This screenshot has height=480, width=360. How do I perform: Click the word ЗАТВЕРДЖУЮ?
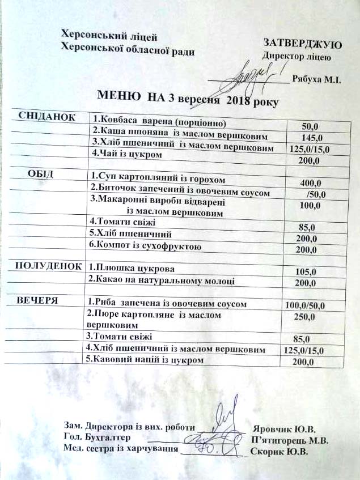pos(301,44)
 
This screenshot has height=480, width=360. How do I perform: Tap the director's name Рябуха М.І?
pos(316,80)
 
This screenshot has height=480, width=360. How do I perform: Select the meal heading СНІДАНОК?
pos(47,116)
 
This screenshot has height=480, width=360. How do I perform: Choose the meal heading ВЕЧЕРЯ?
pos(37,300)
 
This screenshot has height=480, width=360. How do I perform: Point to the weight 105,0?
pos(306,272)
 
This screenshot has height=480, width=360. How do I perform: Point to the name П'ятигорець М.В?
pos(290,440)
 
